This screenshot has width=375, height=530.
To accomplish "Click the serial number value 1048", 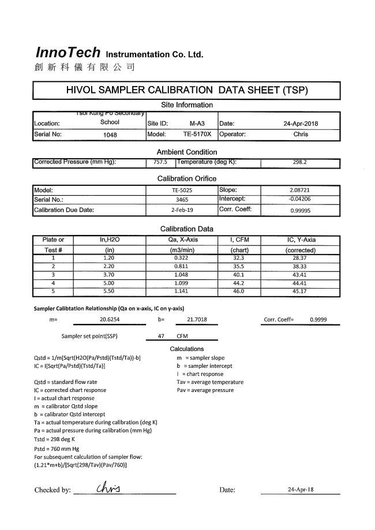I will pos(110,135).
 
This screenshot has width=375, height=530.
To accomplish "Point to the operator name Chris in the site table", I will pos(301,135).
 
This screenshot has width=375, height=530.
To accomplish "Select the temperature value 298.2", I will pos(301,162).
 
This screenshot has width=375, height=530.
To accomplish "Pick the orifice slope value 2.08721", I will pos(301,189).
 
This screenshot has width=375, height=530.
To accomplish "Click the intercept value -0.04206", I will pos(301,199).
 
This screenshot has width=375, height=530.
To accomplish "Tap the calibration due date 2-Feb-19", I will pos(182,210).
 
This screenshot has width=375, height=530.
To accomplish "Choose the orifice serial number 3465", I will pos(182,200).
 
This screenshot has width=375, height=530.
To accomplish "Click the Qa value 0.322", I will pos(182,258).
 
